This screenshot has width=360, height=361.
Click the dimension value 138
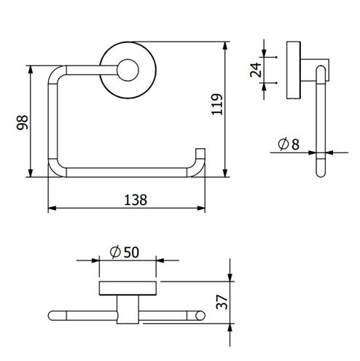[x=136, y=200]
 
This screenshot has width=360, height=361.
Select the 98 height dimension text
[x=23, y=123]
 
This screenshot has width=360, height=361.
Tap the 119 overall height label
[x=217, y=104]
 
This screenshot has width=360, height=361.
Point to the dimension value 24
[x=256, y=70]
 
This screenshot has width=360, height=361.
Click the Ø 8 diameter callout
[x=289, y=144]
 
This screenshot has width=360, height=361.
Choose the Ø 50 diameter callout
[x=125, y=252]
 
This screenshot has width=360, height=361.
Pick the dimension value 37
[x=222, y=302]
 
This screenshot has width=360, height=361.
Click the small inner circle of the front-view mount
[x=128, y=70]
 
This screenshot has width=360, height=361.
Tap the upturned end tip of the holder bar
[x=200, y=149]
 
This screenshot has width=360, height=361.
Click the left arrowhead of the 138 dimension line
[x=52, y=208]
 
